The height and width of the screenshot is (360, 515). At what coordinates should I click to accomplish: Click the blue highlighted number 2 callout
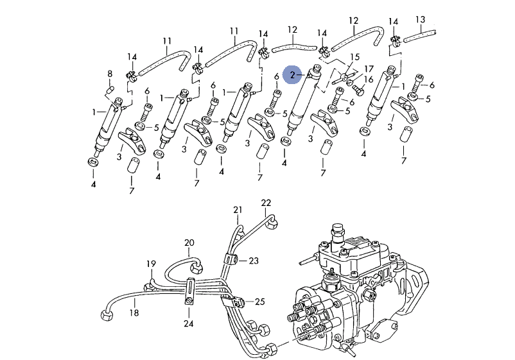[292, 75]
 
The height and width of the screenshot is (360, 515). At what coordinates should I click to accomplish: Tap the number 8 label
[110, 74]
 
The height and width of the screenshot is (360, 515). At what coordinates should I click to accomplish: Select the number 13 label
[421, 20]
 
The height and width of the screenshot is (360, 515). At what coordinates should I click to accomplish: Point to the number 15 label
[355, 57]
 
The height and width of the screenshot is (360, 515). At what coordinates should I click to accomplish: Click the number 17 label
[369, 69]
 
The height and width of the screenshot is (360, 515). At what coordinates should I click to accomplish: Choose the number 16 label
[369, 80]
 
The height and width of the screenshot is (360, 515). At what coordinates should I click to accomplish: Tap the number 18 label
[134, 313]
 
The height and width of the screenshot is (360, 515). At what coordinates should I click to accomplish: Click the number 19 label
[151, 264]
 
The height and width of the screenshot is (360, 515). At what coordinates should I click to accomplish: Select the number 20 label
[189, 243]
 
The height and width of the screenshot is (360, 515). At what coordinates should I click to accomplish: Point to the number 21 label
[238, 210]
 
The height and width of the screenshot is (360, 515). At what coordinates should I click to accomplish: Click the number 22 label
[266, 203]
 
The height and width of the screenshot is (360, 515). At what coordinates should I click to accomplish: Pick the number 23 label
[254, 261]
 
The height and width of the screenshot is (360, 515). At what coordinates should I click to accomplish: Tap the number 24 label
[189, 323]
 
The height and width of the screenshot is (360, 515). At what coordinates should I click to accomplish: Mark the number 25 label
[260, 301]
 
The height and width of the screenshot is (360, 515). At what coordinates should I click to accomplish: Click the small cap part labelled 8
[111, 89]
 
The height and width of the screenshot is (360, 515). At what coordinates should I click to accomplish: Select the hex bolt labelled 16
[357, 89]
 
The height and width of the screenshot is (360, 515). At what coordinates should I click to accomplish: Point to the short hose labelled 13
[420, 36]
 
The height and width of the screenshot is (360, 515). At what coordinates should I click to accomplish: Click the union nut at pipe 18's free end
[106, 316]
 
